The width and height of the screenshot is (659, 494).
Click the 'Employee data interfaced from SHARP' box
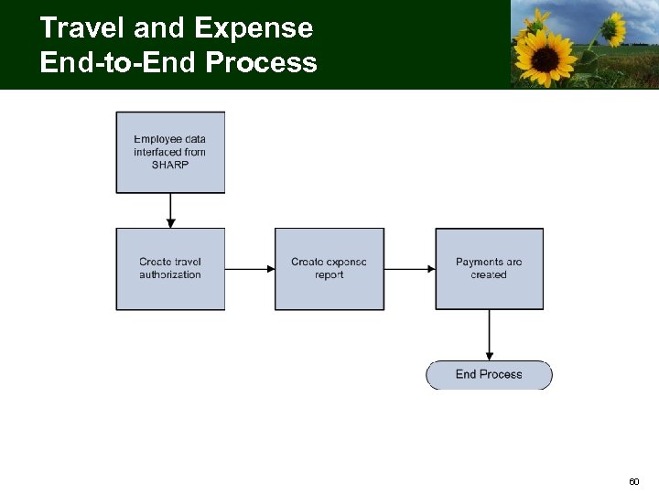coord(170,152)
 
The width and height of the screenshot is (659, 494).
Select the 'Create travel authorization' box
coord(170,268)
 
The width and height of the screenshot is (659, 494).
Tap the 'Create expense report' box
coord(329,268)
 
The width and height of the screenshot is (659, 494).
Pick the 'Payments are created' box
coord(489,268)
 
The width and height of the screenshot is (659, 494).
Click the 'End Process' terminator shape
coord(489,374)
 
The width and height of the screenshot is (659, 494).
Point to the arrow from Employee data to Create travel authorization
coord(170,210)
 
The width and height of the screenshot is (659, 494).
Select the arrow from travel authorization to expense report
coord(250,268)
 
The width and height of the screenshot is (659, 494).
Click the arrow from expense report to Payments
coord(409,268)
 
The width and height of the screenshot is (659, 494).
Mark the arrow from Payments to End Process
coord(490,334)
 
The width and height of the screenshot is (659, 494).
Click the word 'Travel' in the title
coord(83,28)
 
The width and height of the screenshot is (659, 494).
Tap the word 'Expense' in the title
coord(254,28)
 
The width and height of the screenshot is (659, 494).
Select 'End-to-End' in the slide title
coord(119,63)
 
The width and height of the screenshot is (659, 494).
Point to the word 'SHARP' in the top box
coord(170,165)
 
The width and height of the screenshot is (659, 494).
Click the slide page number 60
coord(633,481)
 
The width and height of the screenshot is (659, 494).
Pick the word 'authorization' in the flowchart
coord(170,274)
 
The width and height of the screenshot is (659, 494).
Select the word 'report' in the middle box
coord(329,274)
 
